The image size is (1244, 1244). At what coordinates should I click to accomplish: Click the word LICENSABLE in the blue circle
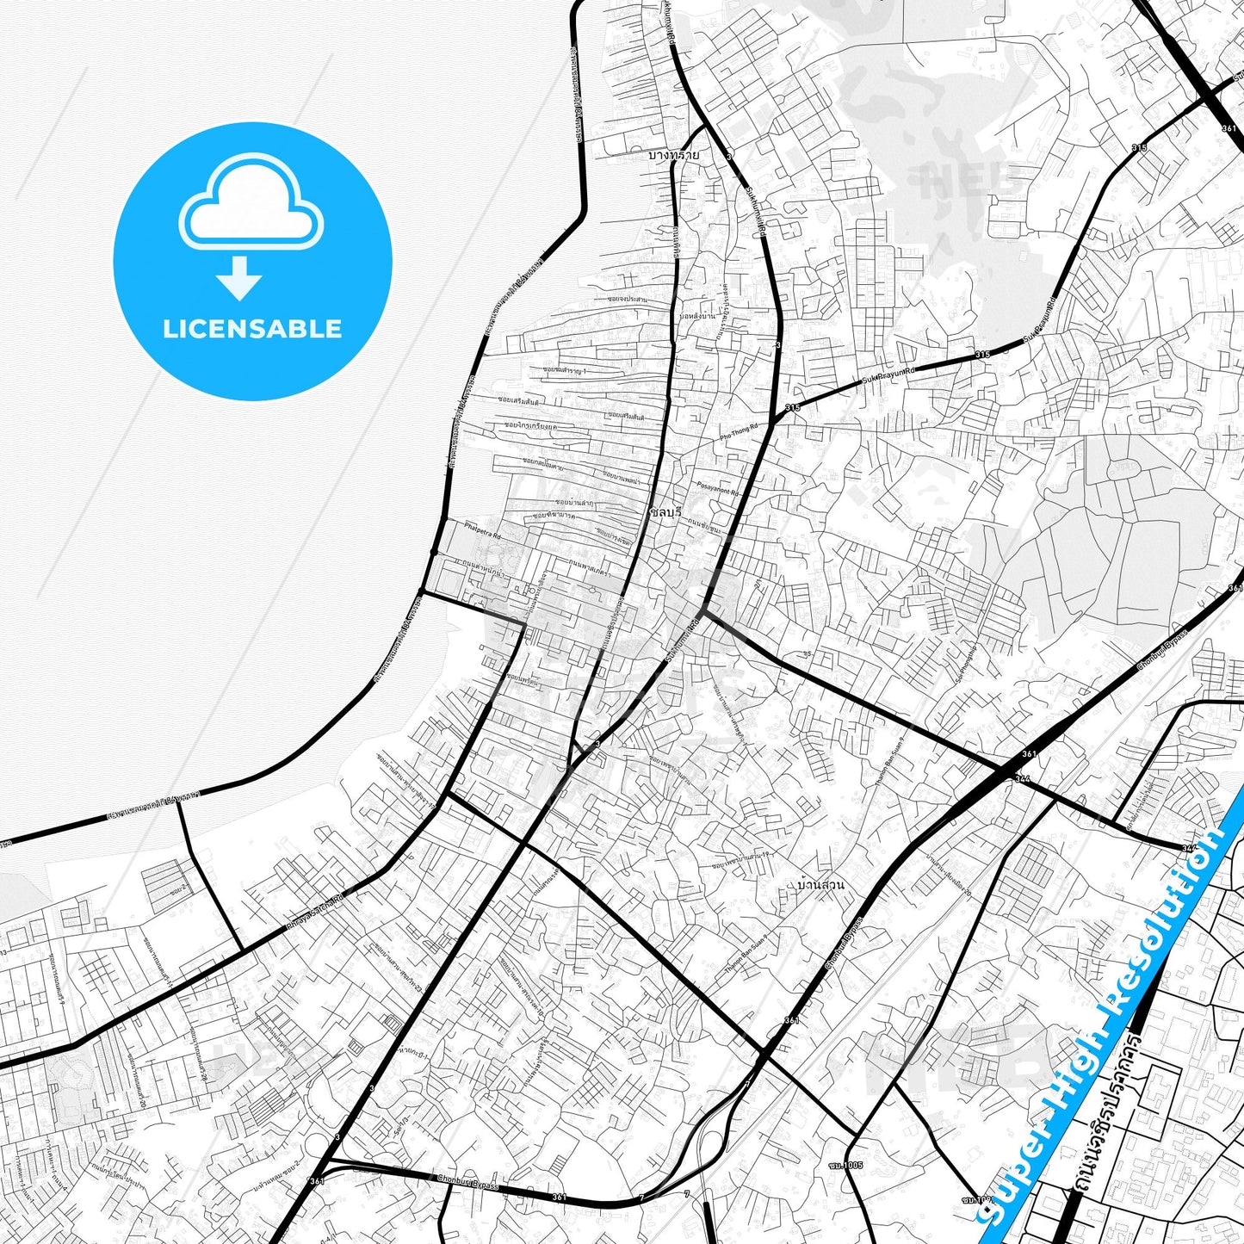point(252,329)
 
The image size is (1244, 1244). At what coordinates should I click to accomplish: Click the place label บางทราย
point(673,156)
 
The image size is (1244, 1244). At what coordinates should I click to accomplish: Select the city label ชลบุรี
point(665,511)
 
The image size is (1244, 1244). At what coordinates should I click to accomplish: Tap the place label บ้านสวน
point(820,884)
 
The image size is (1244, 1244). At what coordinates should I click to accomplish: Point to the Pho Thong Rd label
point(740,432)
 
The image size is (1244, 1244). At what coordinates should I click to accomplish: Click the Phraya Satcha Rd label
point(315,913)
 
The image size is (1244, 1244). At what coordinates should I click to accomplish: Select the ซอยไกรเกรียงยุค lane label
point(530,425)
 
